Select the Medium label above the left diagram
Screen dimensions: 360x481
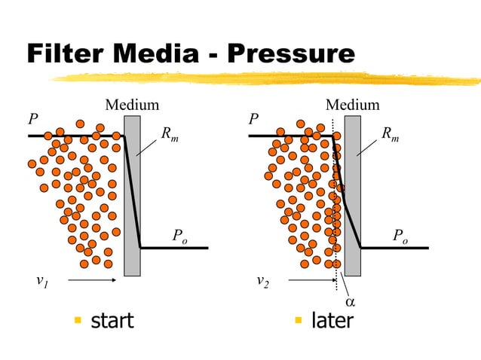132,105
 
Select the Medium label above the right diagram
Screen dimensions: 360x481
352,105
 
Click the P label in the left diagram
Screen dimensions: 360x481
32,120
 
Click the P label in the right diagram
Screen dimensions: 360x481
253,120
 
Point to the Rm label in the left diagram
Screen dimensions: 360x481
170,135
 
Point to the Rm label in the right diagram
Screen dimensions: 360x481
391,135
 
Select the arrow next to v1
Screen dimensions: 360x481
91,281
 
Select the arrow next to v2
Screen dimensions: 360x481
311,281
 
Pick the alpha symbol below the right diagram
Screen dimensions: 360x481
350,302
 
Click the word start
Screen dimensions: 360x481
112,321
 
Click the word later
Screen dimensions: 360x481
332,321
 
